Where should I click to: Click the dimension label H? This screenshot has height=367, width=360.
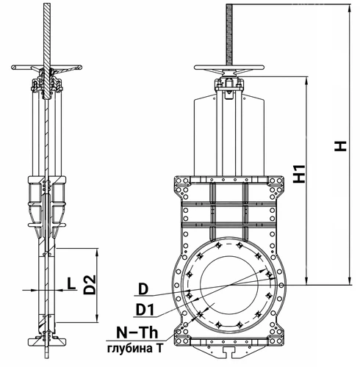tap(340, 146)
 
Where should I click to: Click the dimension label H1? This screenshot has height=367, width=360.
tap(300, 174)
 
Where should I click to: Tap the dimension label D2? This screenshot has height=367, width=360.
tap(90, 285)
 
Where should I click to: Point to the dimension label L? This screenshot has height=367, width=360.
tap(71, 283)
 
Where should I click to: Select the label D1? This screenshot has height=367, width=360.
tap(145, 310)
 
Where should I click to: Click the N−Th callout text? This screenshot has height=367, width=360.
tap(137, 333)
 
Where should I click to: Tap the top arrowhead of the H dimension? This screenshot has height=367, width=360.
tap(350, 9)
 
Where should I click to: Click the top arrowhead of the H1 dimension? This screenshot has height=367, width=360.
tap(306, 81)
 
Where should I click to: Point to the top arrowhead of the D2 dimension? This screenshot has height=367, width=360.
tap(97, 252)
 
